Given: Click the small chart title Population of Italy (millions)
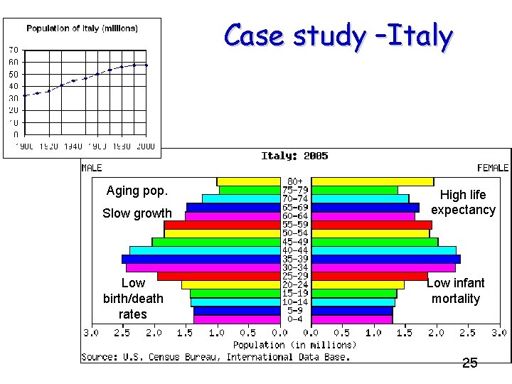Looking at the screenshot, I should pos(82,28).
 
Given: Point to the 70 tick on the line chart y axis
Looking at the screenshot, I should pos(14,50).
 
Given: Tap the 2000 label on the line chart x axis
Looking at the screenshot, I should pos(145,146).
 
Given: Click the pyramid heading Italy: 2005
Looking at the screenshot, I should pos(294,156).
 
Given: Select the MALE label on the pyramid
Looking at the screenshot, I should pos(92,168).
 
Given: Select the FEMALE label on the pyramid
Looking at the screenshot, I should pos(493,168).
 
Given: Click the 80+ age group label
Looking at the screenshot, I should pos(295,182).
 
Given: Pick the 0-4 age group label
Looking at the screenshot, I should pos(295,319).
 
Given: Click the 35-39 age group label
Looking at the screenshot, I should pos(295,259).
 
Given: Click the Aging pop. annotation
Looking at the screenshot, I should pos(137,191).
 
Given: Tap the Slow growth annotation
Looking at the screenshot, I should pos(137,213).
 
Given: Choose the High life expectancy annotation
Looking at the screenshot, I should pos(463,202).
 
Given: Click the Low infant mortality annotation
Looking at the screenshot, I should pos(456,291).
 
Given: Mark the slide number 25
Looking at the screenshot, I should pos(470,363).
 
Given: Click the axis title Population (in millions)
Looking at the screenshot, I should pos(295,345).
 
